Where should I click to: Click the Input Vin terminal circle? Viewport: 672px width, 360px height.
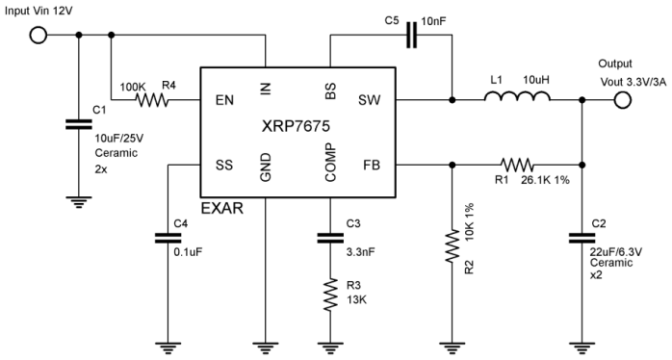coord(39,37)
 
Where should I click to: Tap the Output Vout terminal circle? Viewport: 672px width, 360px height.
coord(624,99)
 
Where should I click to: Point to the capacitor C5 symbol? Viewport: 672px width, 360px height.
coord(412,37)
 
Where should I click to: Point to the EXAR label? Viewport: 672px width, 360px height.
coord(221,209)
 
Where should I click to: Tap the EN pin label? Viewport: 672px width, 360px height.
coord(222,99)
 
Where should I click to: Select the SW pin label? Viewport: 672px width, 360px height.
coord(370,99)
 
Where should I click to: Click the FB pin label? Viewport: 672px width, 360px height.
coord(372,165)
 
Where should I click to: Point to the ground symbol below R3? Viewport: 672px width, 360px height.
coord(329,345)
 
